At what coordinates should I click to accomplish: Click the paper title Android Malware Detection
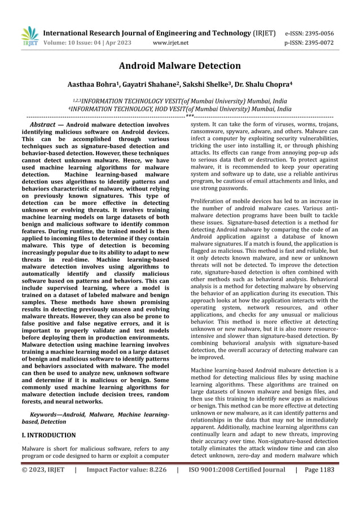(x=180, y=67)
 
